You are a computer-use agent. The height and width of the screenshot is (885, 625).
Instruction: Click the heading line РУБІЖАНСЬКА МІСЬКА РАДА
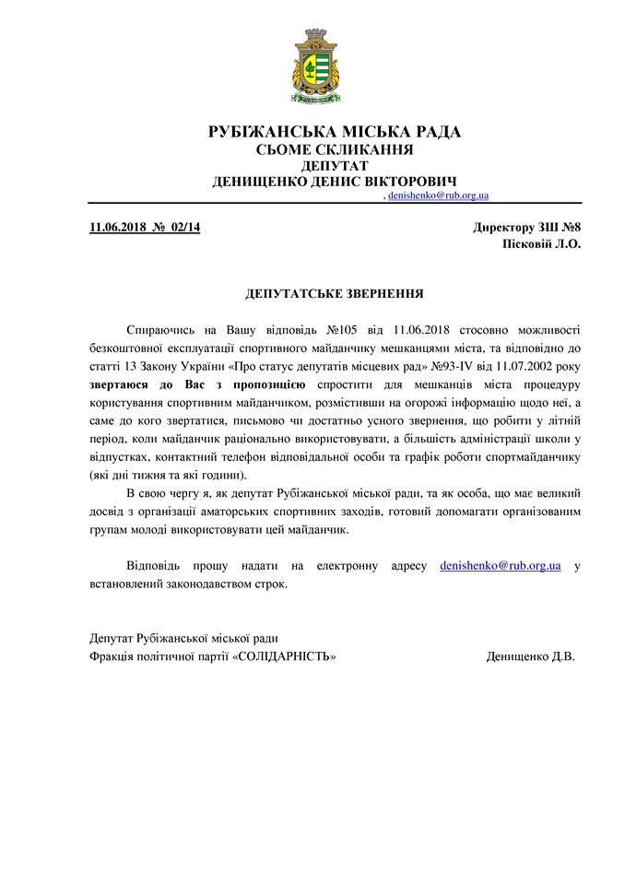click(335, 132)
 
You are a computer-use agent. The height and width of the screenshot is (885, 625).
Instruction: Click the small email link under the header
click(438, 196)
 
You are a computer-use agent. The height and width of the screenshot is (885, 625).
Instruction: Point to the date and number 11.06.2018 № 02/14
click(145, 228)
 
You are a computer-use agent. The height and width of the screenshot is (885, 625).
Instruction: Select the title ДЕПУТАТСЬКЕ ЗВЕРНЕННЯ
click(335, 294)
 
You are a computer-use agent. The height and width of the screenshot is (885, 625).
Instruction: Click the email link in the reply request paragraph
click(501, 565)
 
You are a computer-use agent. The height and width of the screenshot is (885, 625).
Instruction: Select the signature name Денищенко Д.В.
click(530, 656)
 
